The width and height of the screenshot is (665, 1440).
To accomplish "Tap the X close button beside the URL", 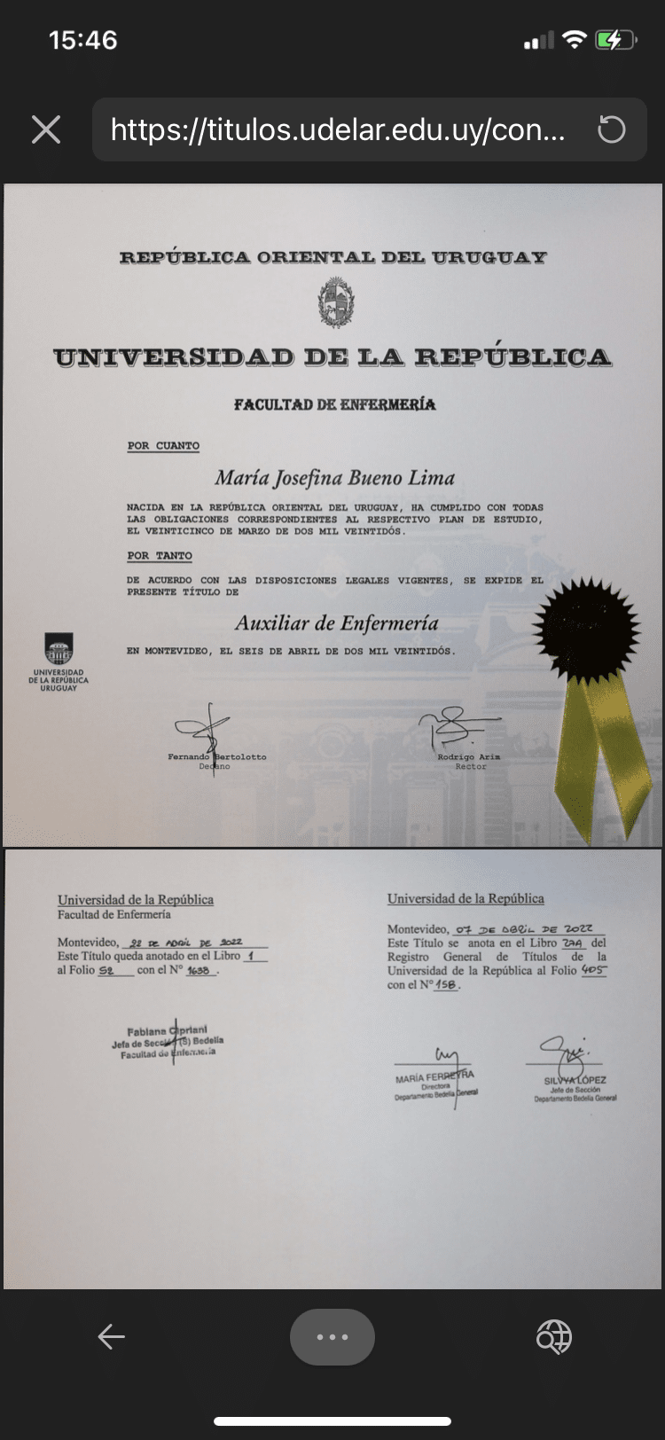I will (x=46, y=129).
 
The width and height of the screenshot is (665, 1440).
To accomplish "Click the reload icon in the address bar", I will (x=611, y=129).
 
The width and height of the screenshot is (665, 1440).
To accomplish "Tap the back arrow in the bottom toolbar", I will (x=111, y=1336).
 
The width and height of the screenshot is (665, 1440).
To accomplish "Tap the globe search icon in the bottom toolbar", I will (x=554, y=1336).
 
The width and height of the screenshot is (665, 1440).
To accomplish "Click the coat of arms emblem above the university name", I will (x=336, y=302).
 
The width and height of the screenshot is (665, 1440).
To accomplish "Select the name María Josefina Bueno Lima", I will (x=334, y=478).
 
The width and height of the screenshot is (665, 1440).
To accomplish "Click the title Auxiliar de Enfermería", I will (x=337, y=623).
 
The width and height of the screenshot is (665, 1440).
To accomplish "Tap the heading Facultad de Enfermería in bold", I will (x=334, y=405).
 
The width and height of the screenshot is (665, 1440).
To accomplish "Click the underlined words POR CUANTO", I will (x=163, y=446).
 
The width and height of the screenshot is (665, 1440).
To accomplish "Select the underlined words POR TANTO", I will (x=160, y=556).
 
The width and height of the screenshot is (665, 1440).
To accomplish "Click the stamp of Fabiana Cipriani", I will (x=168, y=1042).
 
